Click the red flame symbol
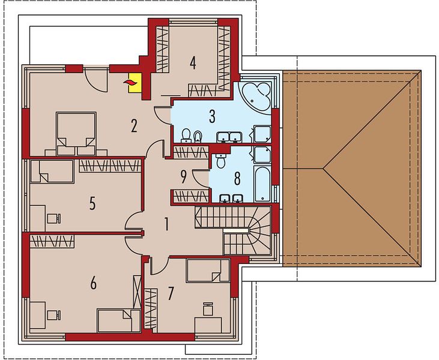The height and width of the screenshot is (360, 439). (x=130, y=82)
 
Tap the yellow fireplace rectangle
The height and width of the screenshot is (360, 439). (x=135, y=83)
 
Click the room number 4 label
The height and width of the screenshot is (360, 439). (x=193, y=62)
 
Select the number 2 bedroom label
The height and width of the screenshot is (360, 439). (x=134, y=125)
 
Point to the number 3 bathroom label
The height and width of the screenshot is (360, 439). (x=212, y=116)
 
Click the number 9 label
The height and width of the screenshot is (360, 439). (x=183, y=177)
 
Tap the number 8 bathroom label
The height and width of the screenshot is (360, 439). (x=237, y=179)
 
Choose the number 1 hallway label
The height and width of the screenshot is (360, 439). (x=166, y=224)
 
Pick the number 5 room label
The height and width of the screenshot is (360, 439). (x=92, y=203)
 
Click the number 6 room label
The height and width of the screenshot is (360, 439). (x=93, y=283)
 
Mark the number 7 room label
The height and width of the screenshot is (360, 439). (x=171, y=293)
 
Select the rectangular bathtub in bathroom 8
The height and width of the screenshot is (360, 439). (x=263, y=184)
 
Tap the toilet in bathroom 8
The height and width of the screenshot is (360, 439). (x=221, y=161)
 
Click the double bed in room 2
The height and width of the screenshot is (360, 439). (x=76, y=134)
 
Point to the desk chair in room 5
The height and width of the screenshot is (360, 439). (x=54, y=218)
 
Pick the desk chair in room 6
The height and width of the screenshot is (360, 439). (x=54, y=315)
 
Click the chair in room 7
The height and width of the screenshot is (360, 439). (x=208, y=309)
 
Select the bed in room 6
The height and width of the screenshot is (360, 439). (x=118, y=320)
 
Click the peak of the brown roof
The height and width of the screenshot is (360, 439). (x=323, y=169)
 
